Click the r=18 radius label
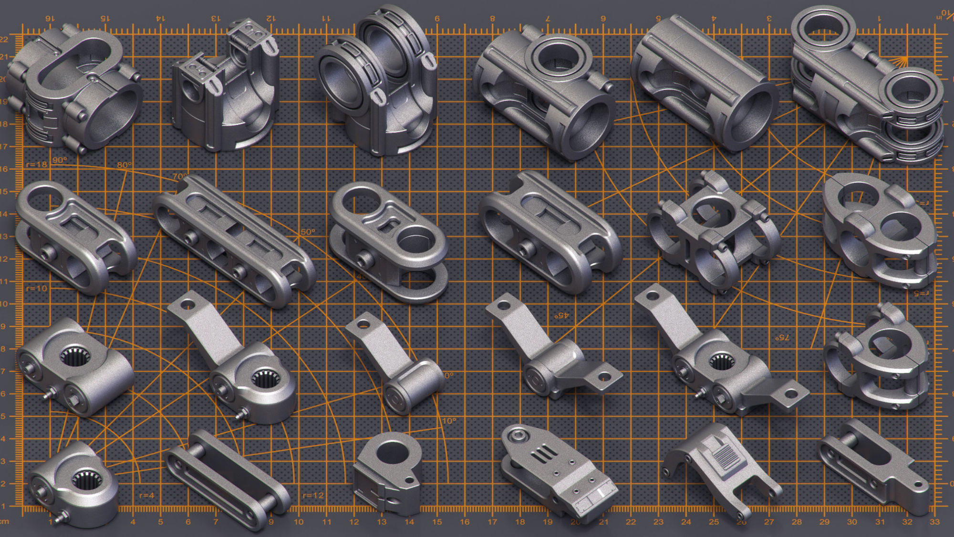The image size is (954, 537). [x=37, y=165]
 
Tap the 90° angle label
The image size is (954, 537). [x=60, y=160]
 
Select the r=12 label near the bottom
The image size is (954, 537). [x=313, y=496]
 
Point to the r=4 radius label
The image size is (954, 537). [x=146, y=496]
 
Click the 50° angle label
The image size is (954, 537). [x=308, y=232]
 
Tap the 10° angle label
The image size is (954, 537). [x=449, y=421]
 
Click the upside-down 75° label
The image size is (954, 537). [x=782, y=337]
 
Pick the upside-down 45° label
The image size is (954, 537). [x=561, y=316]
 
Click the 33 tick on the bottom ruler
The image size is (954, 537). [x=934, y=522]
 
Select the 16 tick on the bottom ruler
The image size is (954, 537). [x=465, y=522]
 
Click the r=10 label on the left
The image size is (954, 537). [x=37, y=288]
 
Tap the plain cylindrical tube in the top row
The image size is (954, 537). [x=705, y=83]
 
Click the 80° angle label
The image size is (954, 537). [x=124, y=165]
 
